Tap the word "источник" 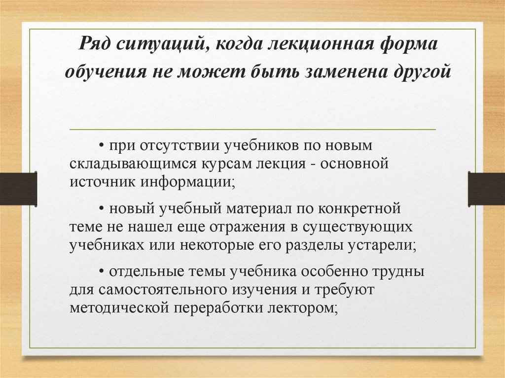(101, 181)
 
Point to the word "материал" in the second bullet (259, 208)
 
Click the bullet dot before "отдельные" (101, 272)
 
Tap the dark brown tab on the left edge (18, 189)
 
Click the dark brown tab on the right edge (486, 189)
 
